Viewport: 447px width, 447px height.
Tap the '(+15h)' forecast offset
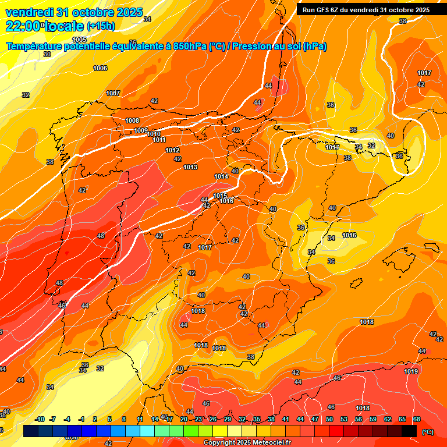101,26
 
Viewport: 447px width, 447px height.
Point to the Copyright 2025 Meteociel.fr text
247,443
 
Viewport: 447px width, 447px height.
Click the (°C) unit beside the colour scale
428,432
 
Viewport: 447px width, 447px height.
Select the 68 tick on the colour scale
417,419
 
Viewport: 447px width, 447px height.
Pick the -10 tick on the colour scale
40,419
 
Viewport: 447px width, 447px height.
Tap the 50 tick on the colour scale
329,419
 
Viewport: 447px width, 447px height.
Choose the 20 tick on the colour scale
184,419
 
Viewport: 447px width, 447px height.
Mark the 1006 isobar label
100,68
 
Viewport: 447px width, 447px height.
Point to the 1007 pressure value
113,94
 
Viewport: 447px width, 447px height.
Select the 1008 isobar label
132,120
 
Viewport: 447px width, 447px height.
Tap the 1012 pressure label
172,150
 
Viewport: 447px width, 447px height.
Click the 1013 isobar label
190,167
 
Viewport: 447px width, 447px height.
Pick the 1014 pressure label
221,176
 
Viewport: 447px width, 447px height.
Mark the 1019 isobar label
411,371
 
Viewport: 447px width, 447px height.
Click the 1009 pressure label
141,130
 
